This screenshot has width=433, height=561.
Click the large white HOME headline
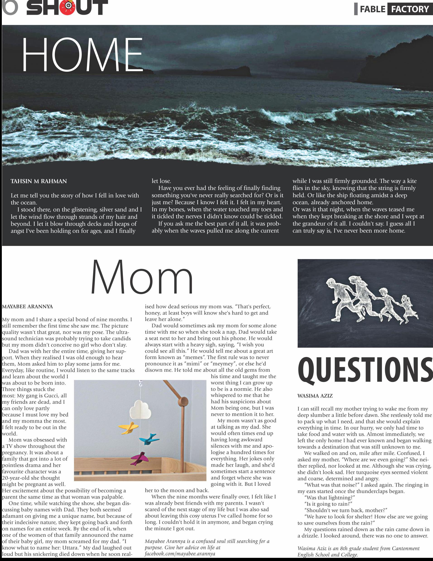(x=82, y=54)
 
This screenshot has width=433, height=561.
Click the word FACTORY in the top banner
(x=410, y=10)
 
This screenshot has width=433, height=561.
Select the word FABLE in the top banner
(x=373, y=10)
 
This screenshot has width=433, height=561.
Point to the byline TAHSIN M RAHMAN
(x=39, y=181)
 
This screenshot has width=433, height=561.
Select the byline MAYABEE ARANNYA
(x=27, y=307)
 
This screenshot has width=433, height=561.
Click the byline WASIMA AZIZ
(x=315, y=396)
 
